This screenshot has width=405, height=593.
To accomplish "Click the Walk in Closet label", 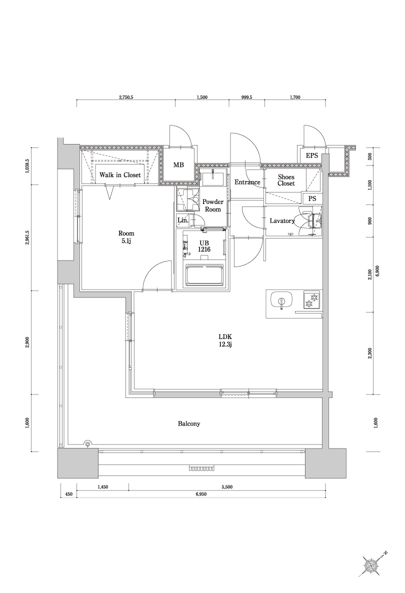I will pyautogui.click(x=119, y=175).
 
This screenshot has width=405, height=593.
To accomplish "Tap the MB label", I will pyautogui.click(x=178, y=165).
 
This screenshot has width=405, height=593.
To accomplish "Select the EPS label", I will pyautogui.click(x=312, y=155).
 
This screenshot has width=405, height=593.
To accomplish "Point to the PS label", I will pyautogui.click(x=312, y=198).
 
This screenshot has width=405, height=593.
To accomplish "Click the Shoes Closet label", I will pyautogui.click(x=286, y=180).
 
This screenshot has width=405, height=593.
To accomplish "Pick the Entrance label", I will pyautogui.click(x=247, y=182).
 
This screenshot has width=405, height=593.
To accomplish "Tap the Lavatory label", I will pyautogui.click(x=282, y=220).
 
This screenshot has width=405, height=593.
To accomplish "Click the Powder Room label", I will pyautogui.click(x=212, y=205).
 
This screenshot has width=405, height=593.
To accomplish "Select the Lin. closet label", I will pyautogui.click(x=183, y=220).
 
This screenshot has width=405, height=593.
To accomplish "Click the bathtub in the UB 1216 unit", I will pyautogui.click(x=204, y=275).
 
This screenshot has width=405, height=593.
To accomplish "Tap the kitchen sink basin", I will pyautogui.click(x=280, y=301).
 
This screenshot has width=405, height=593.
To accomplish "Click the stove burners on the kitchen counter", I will pyautogui.click(x=311, y=300).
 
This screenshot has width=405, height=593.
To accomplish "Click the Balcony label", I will pyautogui.click(x=189, y=423).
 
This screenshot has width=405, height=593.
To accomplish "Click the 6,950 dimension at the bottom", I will pyautogui.click(x=202, y=494).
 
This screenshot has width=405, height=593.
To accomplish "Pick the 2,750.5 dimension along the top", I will pyautogui.click(x=125, y=97).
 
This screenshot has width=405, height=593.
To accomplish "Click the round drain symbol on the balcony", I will pyautogui.click(x=88, y=443).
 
